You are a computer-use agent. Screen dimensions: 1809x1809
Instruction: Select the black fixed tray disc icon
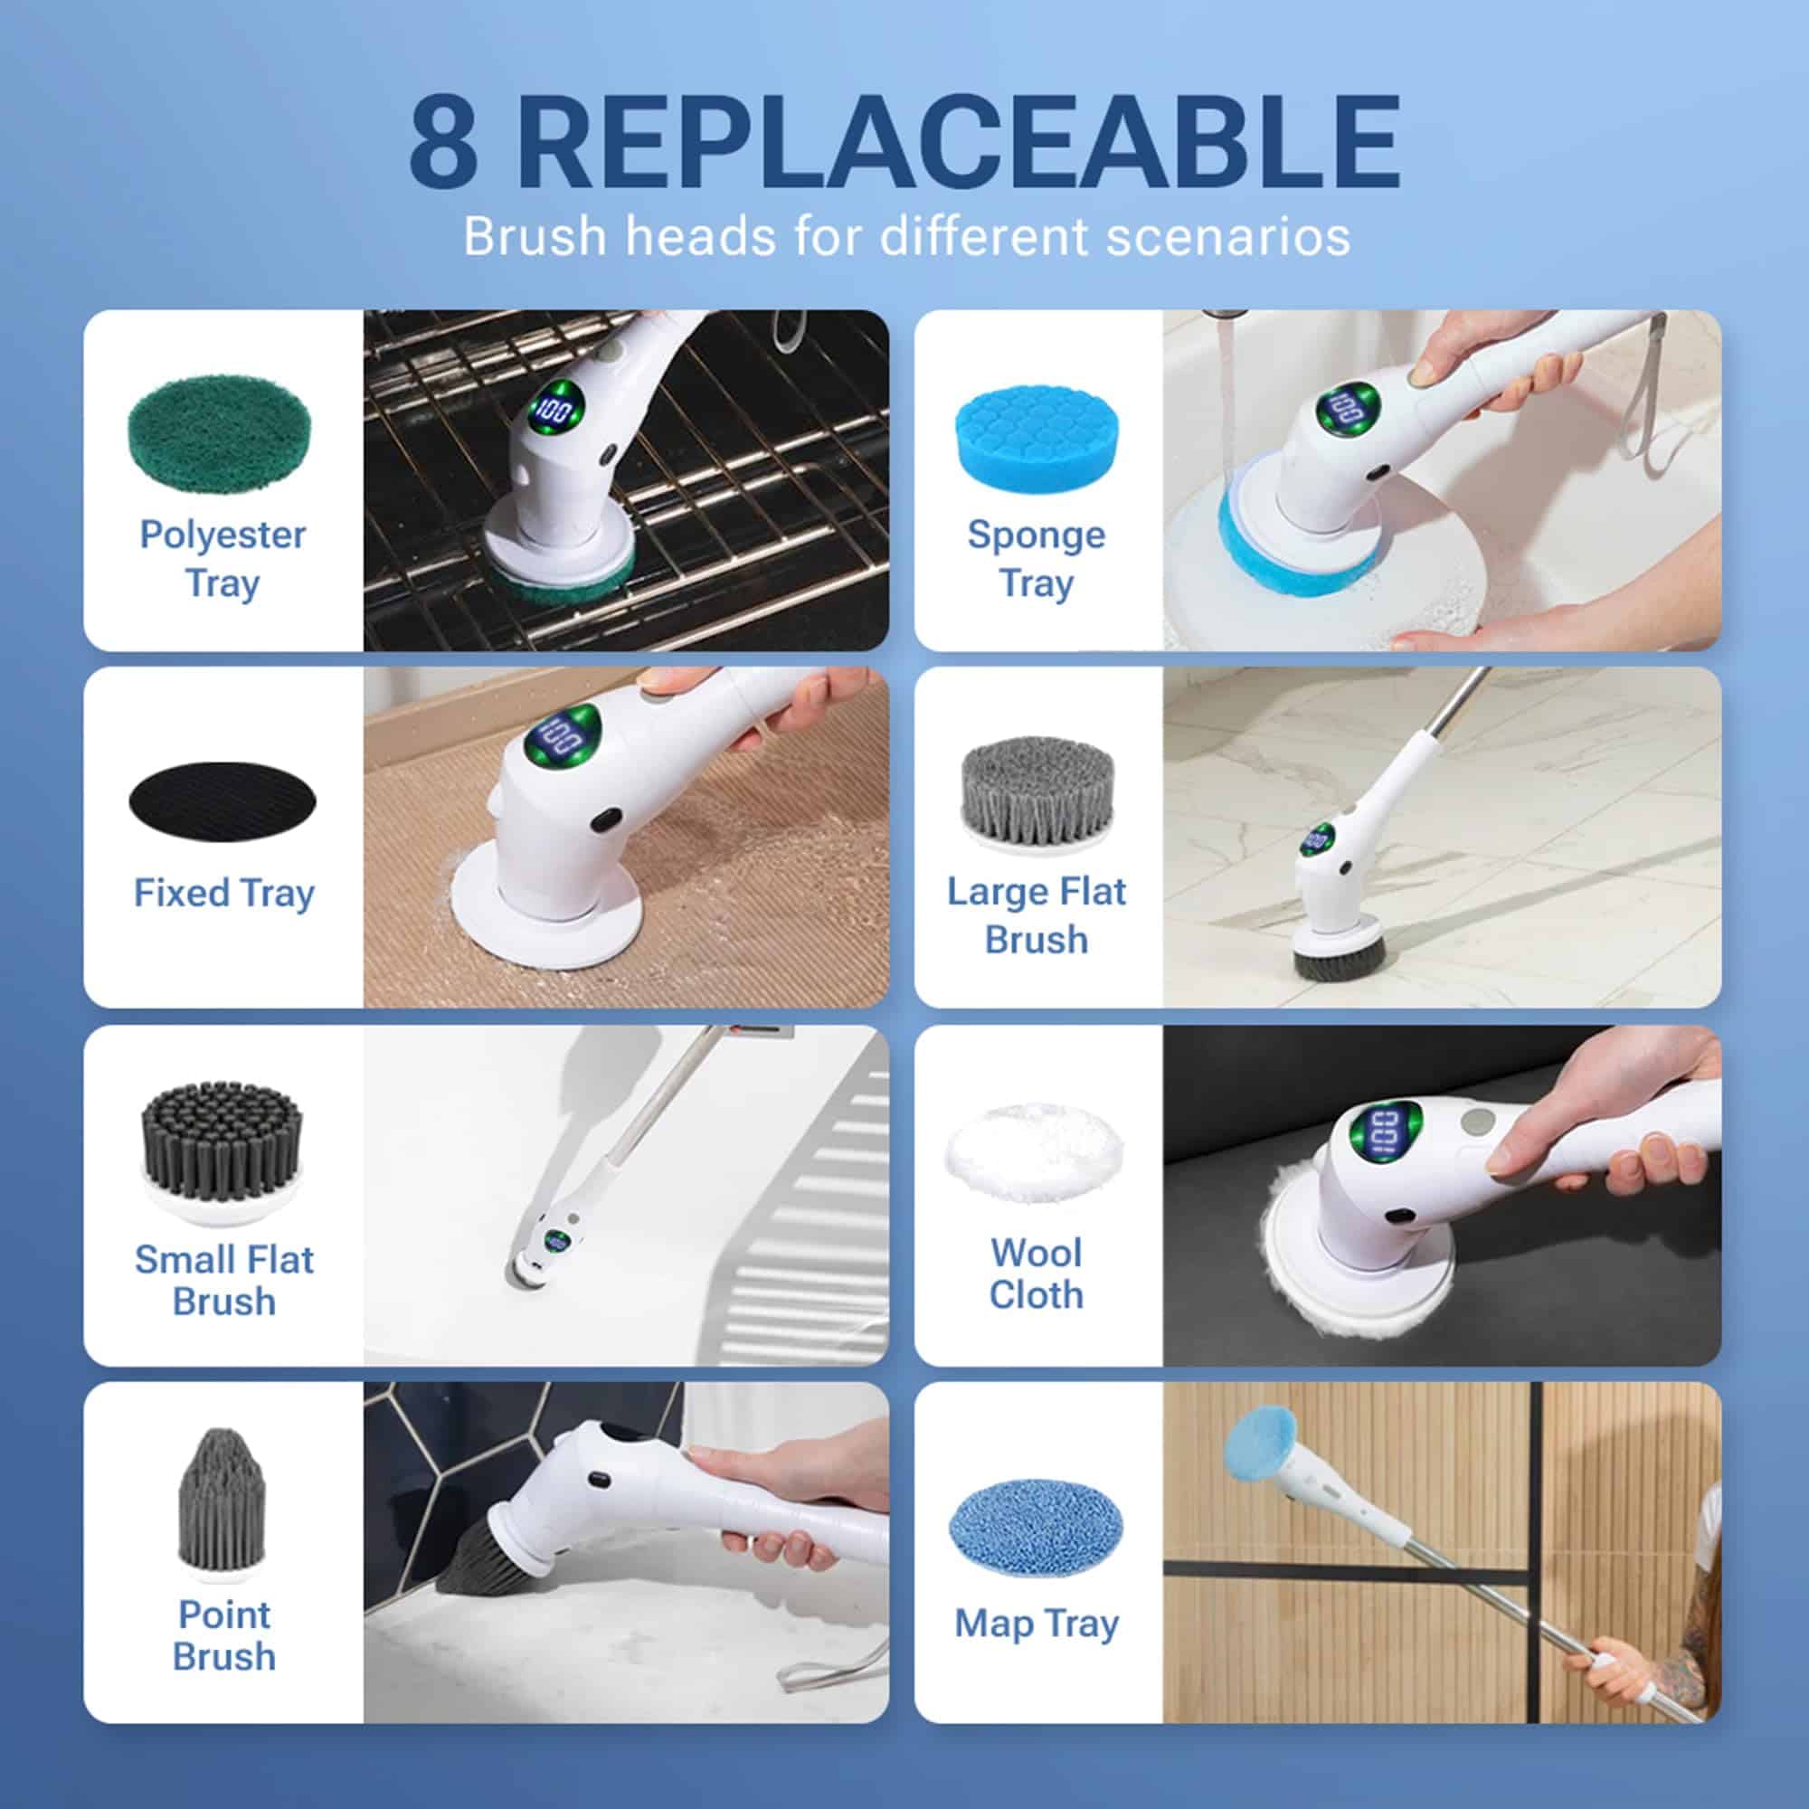(223, 800)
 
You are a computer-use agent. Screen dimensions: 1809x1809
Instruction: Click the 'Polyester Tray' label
(223, 559)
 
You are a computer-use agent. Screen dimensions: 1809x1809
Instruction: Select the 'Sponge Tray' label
(1037, 559)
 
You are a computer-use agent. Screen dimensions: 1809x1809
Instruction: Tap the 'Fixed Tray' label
(223, 893)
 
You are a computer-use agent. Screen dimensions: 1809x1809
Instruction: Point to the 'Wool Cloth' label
(1037, 1274)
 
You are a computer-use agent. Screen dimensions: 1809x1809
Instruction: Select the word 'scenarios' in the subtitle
(1227, 236)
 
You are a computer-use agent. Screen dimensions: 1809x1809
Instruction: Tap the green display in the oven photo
(555, 408)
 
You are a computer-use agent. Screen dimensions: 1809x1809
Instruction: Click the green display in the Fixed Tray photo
(564, 733)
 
